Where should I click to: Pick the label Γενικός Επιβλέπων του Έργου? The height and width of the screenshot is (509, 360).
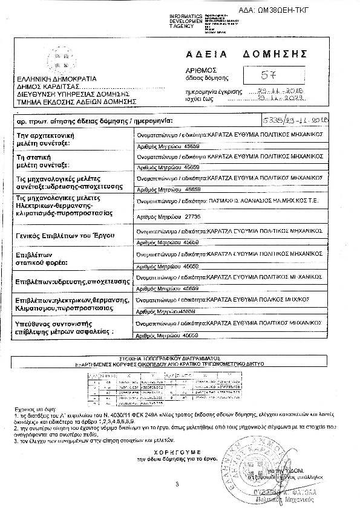(65, 235)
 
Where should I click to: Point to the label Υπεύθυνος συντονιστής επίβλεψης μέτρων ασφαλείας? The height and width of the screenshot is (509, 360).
(65, 328)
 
